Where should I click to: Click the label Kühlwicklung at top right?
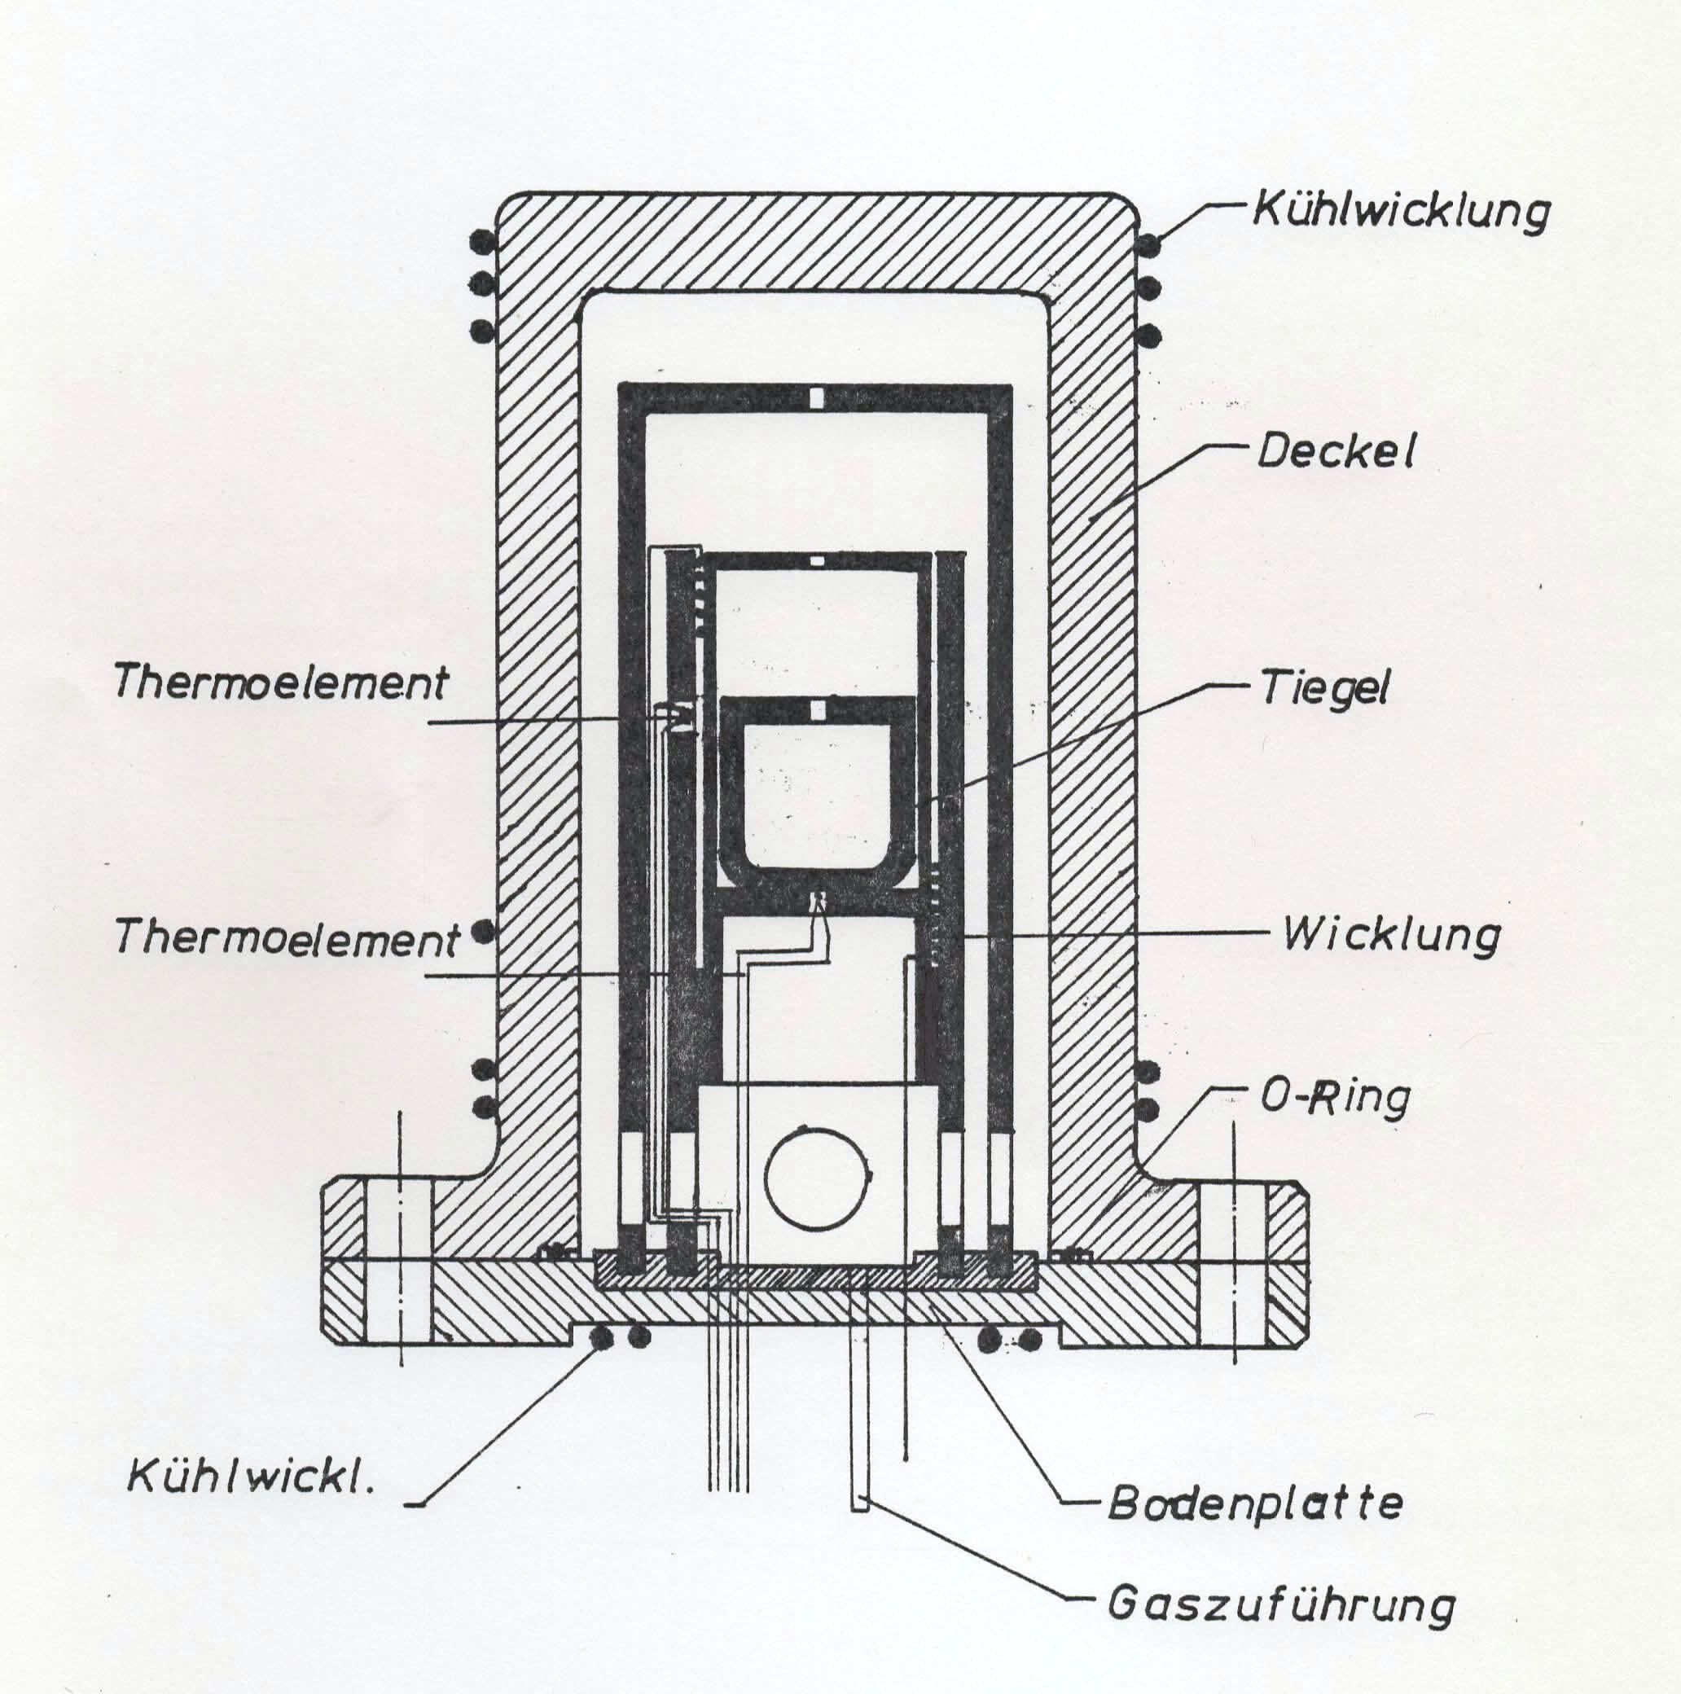point(1400,211)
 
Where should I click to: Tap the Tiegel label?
point(1325,689)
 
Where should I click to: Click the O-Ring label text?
point(1336,1097)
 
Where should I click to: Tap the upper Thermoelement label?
point(282,683)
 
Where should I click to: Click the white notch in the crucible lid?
point(816,709)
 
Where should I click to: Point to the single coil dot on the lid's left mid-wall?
point(481,932)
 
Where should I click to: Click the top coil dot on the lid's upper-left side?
point(481,239)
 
